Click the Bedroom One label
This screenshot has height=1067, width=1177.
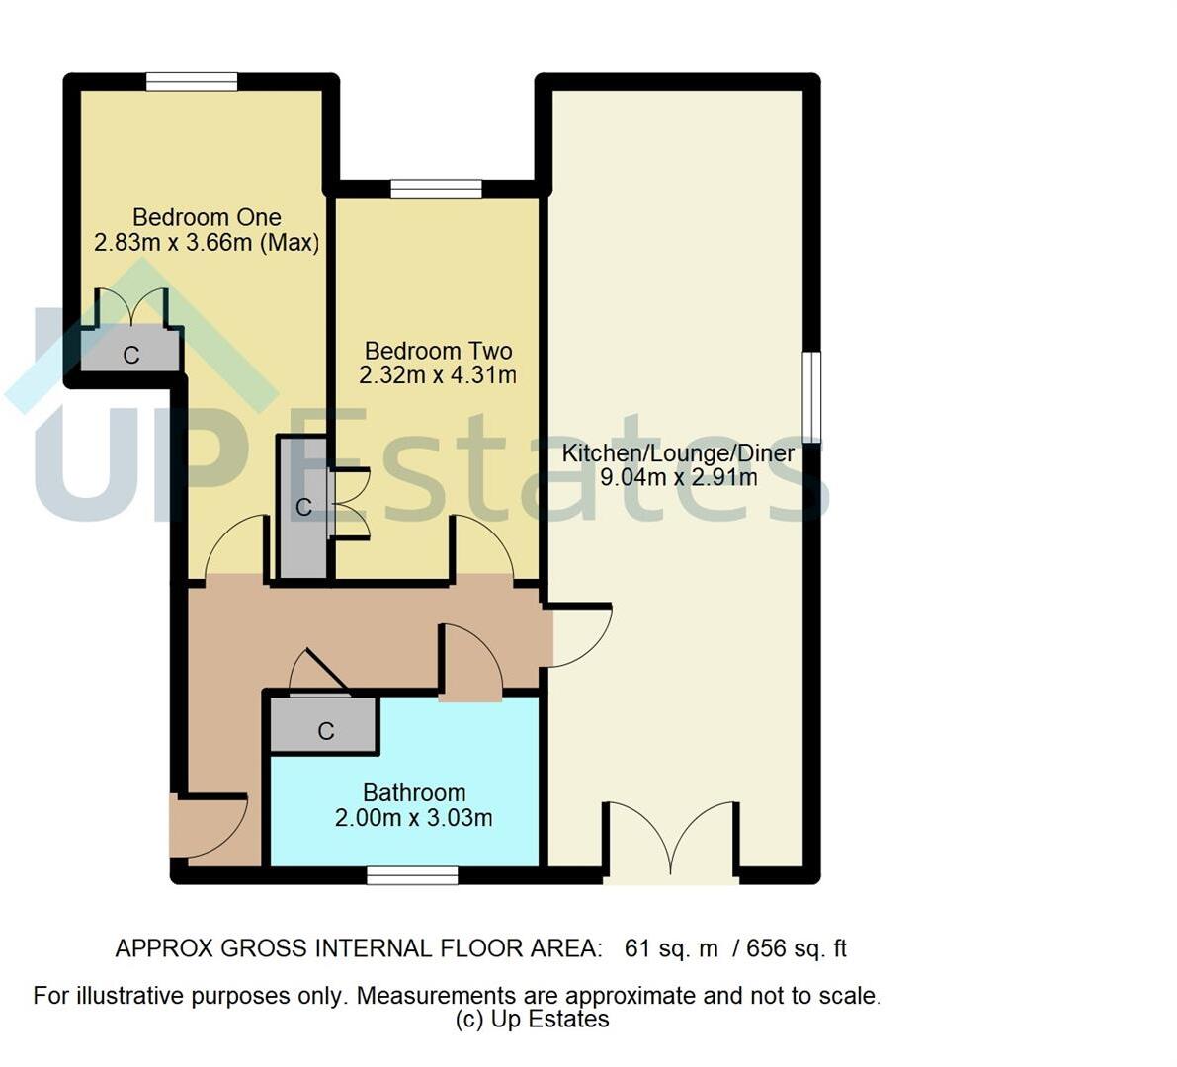pos(207,217)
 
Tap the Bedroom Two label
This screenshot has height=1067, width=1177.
pos(438,351)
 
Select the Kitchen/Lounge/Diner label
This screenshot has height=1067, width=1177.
pos(678,453)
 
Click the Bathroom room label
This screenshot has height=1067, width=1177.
pos(414,792)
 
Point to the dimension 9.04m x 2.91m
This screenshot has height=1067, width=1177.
pos(679,478)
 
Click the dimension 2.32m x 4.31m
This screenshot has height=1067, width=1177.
pos(438,375)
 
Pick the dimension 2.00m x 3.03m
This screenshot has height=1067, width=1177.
pos(414,818)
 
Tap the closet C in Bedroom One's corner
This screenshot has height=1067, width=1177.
pos(130,353)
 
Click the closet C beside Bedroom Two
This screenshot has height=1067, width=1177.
pos(303,508)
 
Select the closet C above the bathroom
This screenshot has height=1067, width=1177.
pos(325,730)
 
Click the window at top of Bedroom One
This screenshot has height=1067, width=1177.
pos(192,82)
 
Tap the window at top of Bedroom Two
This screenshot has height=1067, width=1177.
pos(436,189)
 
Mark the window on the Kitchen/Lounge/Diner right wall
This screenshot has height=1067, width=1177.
pos(811,395)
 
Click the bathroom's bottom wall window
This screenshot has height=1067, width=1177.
pos(412,875)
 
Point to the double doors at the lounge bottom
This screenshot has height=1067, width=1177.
pos(671,840)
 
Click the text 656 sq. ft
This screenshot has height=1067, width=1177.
pos(797,948)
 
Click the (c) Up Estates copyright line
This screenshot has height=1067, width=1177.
pos(533,1020)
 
